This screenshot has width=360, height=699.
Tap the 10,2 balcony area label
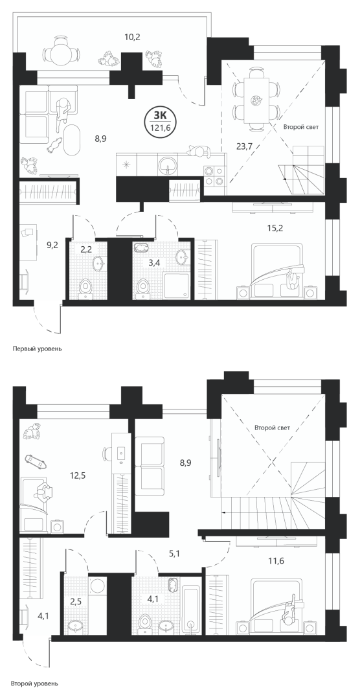(x=132, y=37)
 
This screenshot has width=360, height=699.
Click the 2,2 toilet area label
(x=86, y=249)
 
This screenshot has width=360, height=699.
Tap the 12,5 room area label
(x=78, y=475)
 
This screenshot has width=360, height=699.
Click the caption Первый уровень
(x=37, y=349)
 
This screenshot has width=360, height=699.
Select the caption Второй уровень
(x=36, y=683)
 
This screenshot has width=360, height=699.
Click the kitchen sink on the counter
(x=168, y=164)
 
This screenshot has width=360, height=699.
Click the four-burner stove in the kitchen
(x=214, y=175)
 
